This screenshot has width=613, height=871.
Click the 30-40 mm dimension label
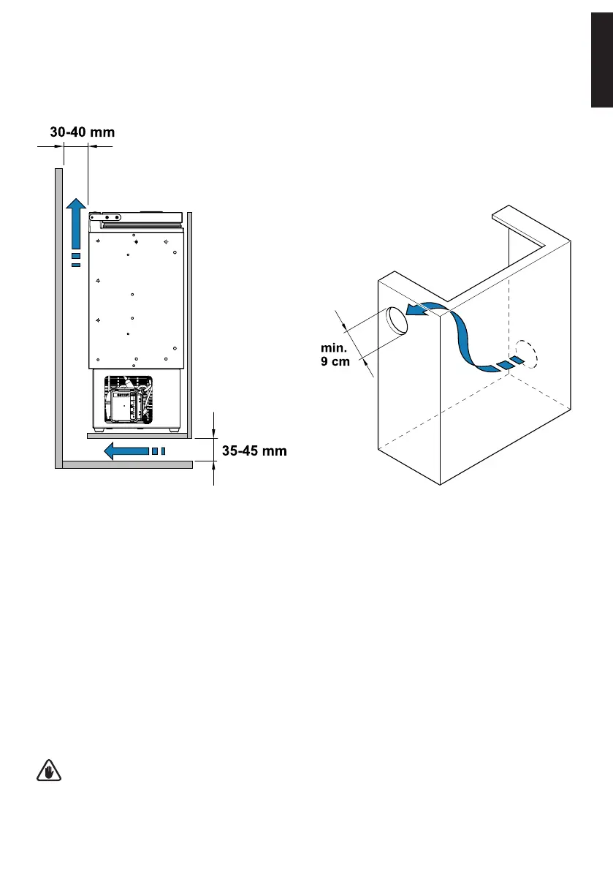83,132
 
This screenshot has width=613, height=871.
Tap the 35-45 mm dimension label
254,451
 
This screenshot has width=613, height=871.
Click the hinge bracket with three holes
110,217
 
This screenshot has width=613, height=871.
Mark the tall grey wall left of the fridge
57,314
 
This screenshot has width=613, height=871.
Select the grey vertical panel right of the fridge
189,322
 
